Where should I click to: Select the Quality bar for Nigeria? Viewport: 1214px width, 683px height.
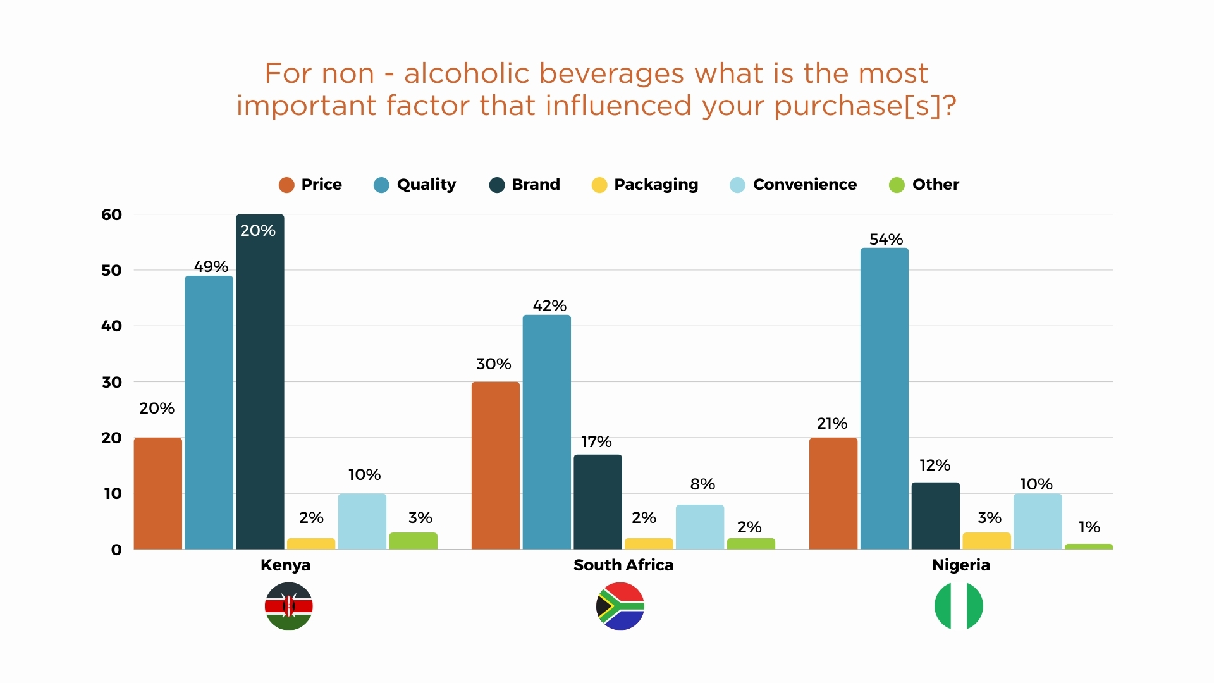[x=884, y=398]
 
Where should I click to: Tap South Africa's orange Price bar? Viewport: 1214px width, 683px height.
[x=495, y=465]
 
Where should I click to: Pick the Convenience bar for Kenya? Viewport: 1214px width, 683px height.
[x=362, y=521]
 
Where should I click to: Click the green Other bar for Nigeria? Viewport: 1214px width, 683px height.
[x=1088, y=546]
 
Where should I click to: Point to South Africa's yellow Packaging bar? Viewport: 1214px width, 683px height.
[x=648, y=543]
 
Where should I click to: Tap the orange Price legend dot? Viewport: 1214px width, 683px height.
[x=286, y=185]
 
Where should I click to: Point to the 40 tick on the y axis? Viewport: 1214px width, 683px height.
[x=111, y=326]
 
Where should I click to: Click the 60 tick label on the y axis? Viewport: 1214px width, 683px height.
[x=111, y=215]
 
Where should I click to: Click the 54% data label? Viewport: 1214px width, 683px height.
[x=885, y=240]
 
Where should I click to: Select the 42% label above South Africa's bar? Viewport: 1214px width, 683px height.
[x=549, y=306]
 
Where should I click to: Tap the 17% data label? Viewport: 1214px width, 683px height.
[x=596, y=442]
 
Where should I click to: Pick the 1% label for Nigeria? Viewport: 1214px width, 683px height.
[x=1089, y=527]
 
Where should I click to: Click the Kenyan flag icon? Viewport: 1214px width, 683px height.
[x=288, y=606]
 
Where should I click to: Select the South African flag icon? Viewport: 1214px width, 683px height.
[x=620, y=606]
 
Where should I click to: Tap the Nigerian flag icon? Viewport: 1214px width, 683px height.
[x=959, y=606]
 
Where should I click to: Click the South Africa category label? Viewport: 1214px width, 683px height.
[x=623, y=565]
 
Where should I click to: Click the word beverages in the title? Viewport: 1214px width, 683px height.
[x=611, y=74]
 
